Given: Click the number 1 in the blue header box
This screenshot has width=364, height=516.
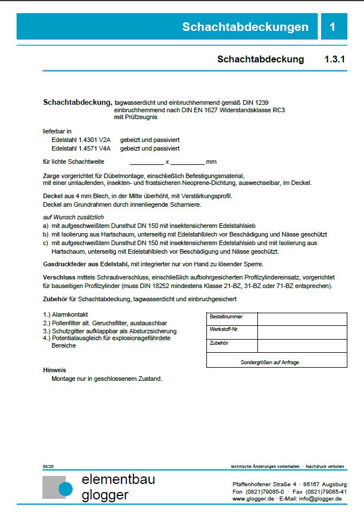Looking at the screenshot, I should pyautogui.click(x=332, y=27).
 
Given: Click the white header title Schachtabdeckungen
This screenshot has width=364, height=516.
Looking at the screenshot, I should pyautogui.click(x=245, y=27).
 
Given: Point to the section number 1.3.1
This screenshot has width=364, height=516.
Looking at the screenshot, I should pyautogui.click(x=335, y=59).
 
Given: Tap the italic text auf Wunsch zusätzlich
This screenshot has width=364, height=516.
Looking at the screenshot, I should pyautogui.click(x=73, y=218).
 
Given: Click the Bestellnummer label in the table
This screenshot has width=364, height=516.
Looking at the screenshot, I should pyautogui.click(x=226, y=317).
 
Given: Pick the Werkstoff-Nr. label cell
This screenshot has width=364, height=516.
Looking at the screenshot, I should pyautogui.click(x=225, y=330).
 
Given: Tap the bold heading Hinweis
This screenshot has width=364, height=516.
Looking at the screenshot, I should pyautogui.click(x=54, y=371).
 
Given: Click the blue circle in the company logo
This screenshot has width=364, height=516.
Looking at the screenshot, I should pyautogui.click(x=65, y=488).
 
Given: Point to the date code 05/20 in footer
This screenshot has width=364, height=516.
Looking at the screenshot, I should pyautogui.click(x=48, y=467).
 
